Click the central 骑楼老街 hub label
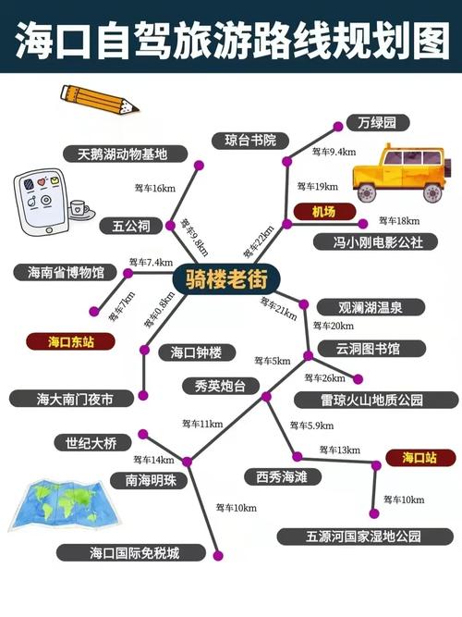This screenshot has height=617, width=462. coord(226,278)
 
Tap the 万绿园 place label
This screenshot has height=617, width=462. coord(378,123)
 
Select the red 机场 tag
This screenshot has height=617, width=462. coord(324,212)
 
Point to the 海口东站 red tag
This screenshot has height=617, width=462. coord(71,341)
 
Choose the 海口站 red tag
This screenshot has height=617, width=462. coord(419,458)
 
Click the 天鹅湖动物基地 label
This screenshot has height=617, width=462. coord(124,154)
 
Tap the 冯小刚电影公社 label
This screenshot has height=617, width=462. coord(375,241)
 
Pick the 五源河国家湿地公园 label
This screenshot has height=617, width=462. coord(365,537)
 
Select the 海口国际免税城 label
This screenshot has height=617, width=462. coord(132,553)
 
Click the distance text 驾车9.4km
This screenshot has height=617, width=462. coord(334,152)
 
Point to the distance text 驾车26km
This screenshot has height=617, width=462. coord(324,378)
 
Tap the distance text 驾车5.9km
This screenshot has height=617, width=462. coord(311,426)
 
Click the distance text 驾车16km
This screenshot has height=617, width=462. coord(155,188)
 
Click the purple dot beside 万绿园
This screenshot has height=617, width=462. coord(338,127)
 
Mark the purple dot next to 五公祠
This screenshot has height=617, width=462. coord(170,226)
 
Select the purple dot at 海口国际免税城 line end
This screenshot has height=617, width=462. coord(218,556)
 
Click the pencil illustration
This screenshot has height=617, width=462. coord(100,99)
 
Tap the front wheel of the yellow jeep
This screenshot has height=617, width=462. coord(366,193)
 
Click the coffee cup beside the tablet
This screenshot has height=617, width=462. coord(79,209)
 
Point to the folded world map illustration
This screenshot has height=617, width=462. coord(63,505)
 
